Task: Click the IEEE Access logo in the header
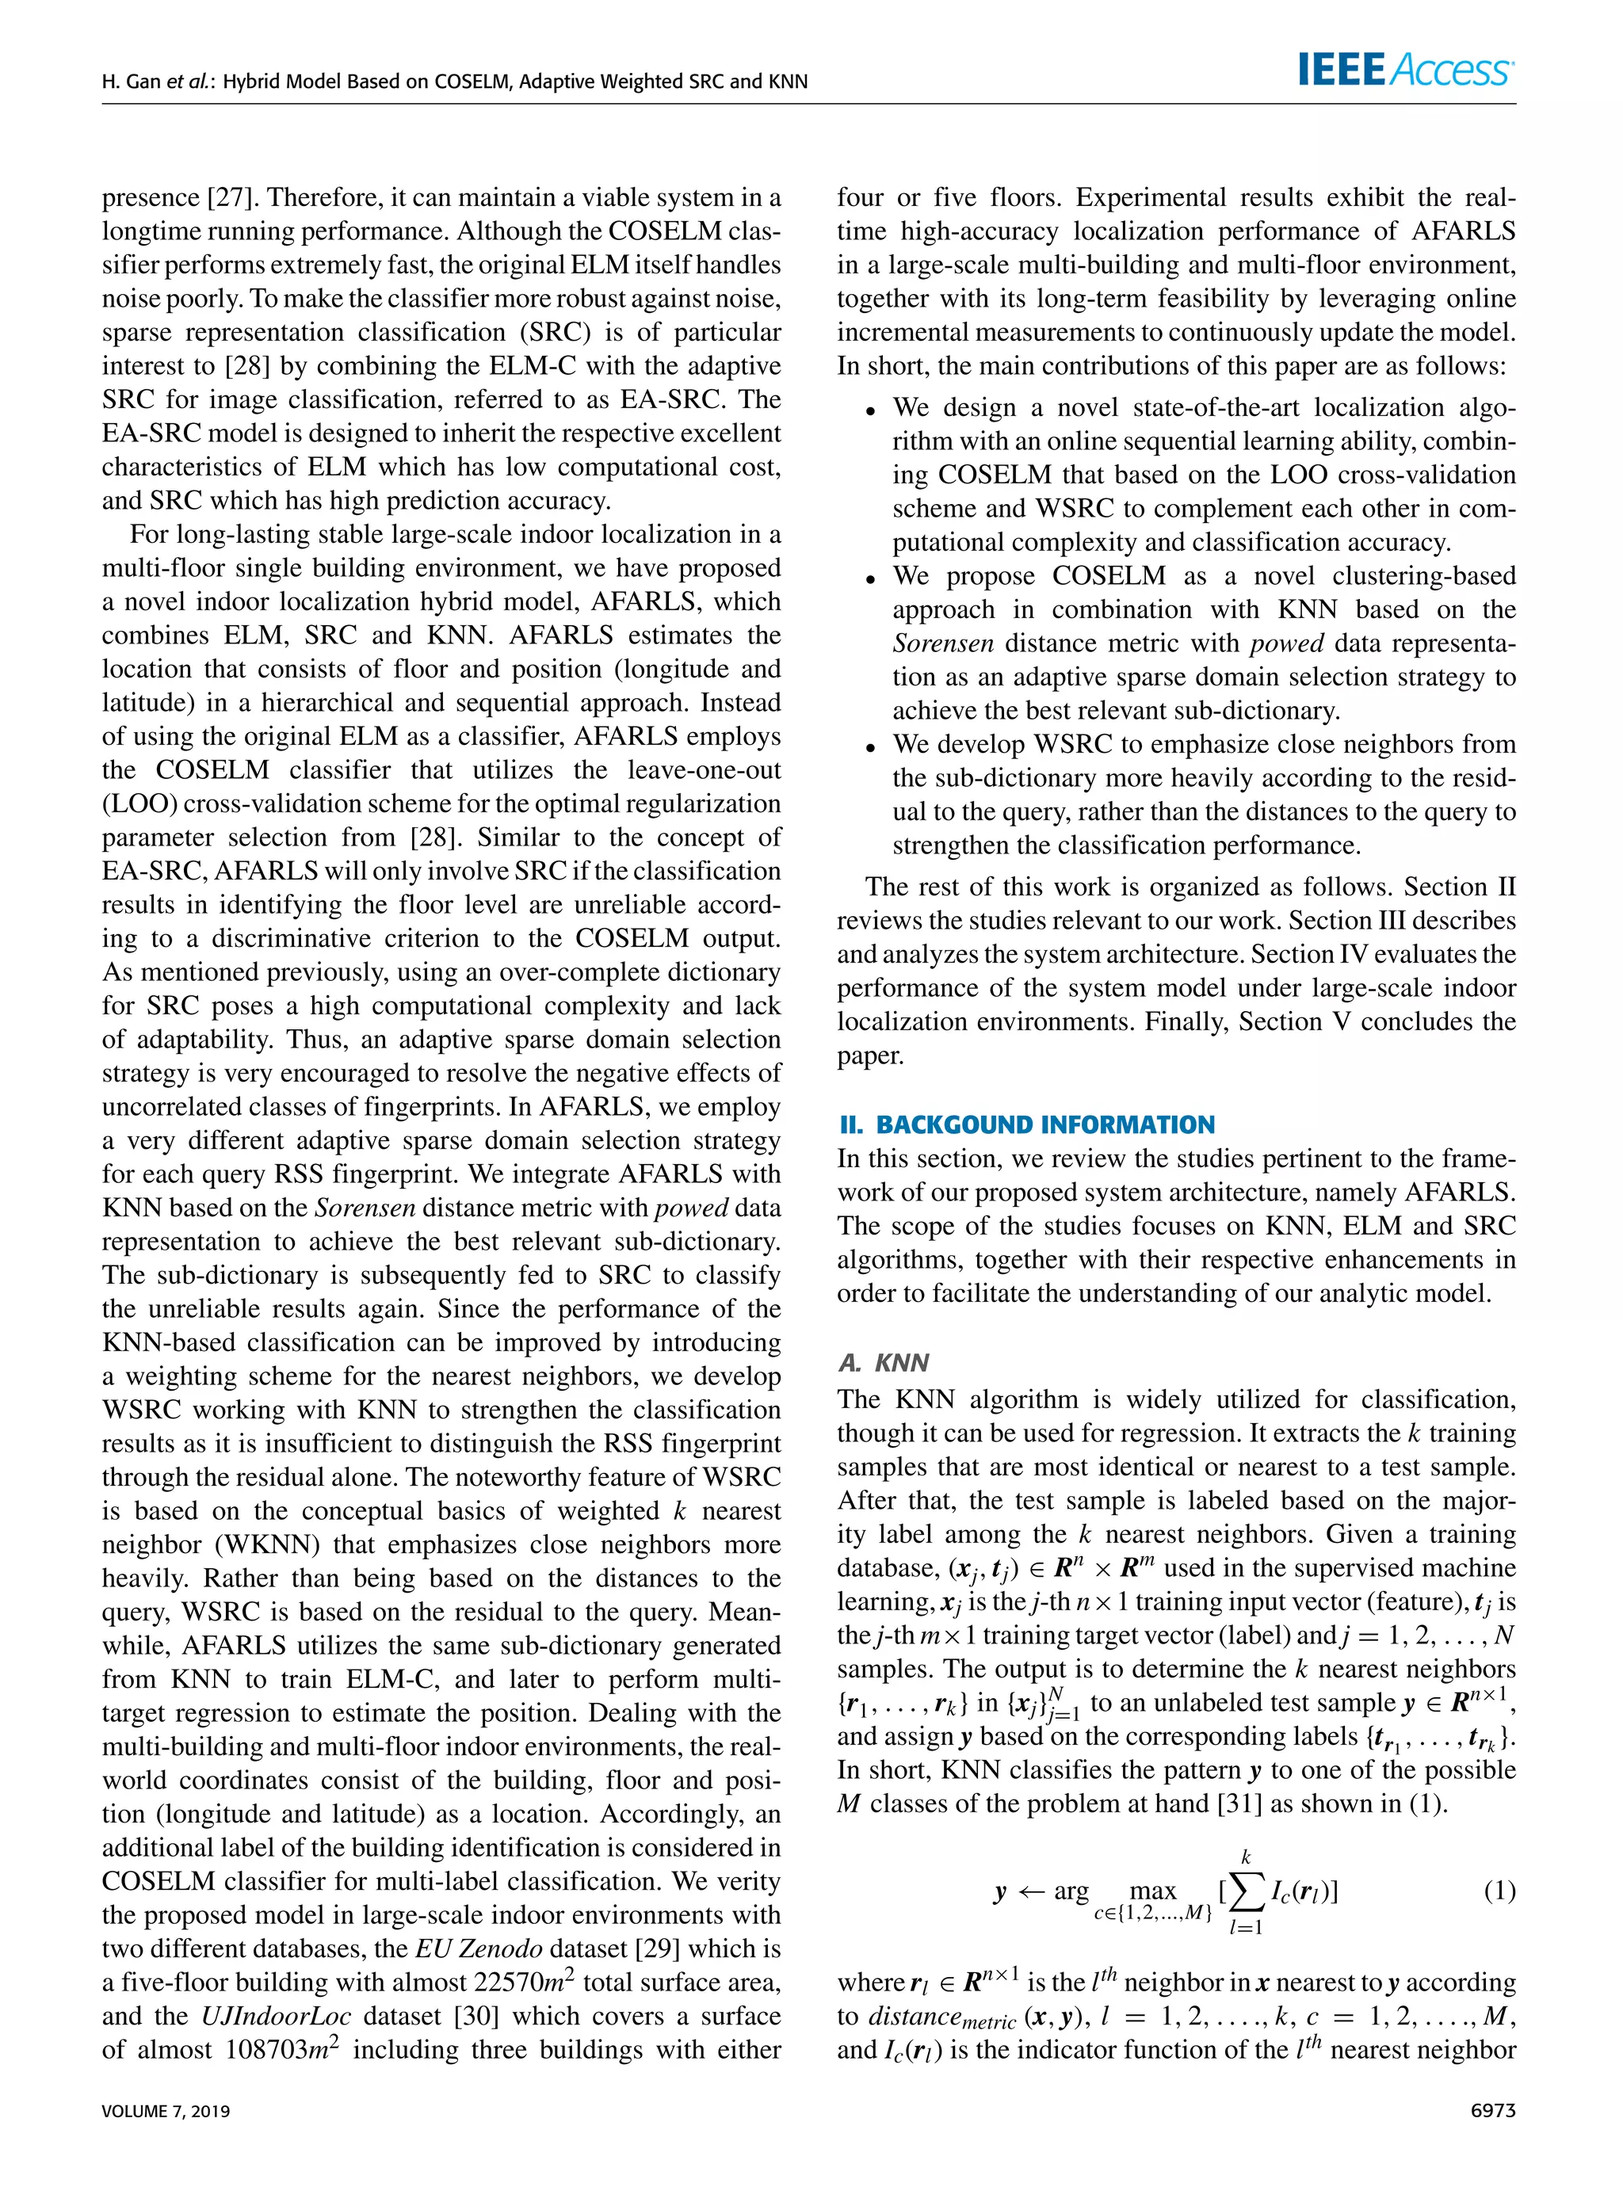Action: point(1406,71)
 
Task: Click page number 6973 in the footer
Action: point(1492,2111)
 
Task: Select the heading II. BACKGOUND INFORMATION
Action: point(1025,1124)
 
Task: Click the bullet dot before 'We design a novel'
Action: point(869,410)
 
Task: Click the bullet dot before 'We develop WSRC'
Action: point(869,747)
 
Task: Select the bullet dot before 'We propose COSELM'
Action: point(869,578)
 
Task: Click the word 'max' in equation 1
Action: point(1152,1891)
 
